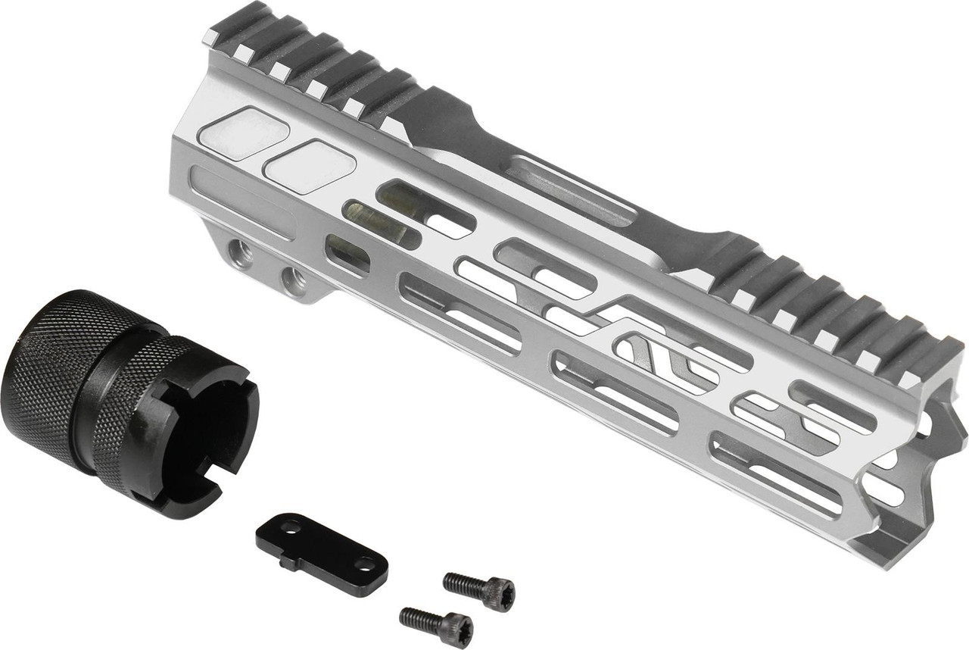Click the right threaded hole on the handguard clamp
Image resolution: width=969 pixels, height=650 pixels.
click(293, 278)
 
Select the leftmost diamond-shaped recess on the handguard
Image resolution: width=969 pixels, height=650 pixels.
click(242, 133)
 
